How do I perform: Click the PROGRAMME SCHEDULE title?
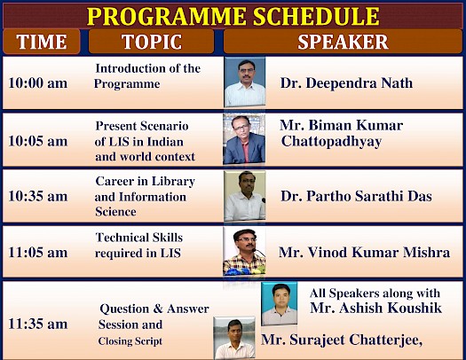tap(233, 16)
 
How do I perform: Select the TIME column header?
tap(42, 42)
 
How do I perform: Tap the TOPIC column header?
tap(152, 42)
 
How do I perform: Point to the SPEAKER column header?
tap(343, 42)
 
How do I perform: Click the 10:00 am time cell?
tap(38, 82)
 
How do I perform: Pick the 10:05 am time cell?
tap(38, 141)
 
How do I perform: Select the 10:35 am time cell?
tap(38, 196)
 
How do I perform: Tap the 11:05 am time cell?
tap(38, 253)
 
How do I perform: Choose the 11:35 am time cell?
tap(38, 324)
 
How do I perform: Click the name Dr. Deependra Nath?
tap(346, 83)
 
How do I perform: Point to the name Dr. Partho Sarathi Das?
tap(356, 196)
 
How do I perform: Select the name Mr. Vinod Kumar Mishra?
tap(364, 253)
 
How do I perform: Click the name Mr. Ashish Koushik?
tap(375, 308)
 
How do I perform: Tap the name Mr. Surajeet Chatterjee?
tap(342, 340)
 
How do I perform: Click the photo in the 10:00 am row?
tap(245, 82)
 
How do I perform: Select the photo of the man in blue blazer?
tap(244, 139)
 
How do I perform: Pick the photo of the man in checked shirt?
tap(244, 252)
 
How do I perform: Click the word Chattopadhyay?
tap(331, 142)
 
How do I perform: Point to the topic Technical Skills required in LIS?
tap(138, 245)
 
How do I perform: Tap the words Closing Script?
tap(130, 341)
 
